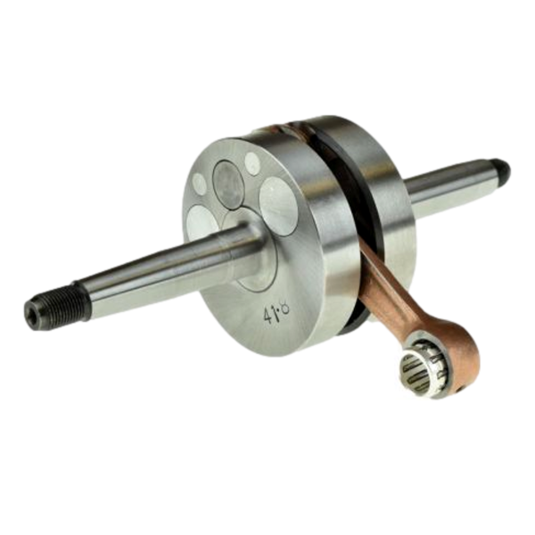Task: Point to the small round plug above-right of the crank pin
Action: (252, 162)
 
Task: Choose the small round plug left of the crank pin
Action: (200, 184)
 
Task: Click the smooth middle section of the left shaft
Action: (143, 272)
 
